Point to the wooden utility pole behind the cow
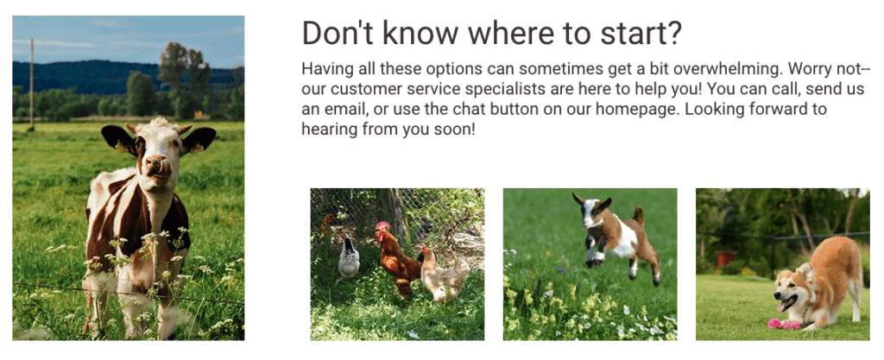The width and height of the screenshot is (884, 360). (32, 85)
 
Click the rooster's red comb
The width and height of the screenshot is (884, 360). (382, 226)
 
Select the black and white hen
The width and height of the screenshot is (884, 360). (349, 259)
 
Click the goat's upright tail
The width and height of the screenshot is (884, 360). (640, 215)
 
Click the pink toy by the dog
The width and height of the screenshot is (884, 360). (783, 324)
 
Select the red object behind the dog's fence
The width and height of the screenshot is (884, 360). (725, 259)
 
